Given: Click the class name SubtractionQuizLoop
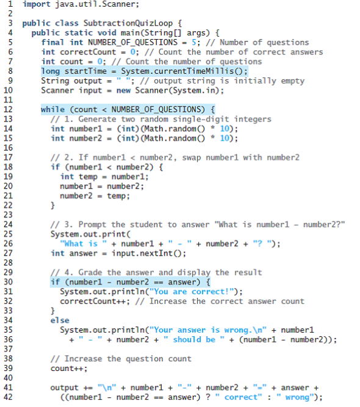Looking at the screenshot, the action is coord(128,23).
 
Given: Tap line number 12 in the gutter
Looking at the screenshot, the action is coord(8,109).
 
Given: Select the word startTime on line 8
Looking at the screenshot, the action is coord(85,71).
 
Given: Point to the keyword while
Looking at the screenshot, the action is coord(52,109).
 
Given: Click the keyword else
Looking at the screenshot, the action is coord(60,320).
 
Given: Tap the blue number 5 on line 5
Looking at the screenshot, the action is coord(194,42).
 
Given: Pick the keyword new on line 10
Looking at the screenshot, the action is coord(123,90).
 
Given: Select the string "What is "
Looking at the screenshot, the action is coord(84,243).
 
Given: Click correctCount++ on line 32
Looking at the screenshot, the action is coord(93,301).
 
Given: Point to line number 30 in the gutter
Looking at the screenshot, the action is coord(8,282).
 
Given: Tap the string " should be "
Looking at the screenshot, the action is coord(194,339).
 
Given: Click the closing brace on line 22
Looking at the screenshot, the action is coord(52,206).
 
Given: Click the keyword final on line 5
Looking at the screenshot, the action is coord(52,42).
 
